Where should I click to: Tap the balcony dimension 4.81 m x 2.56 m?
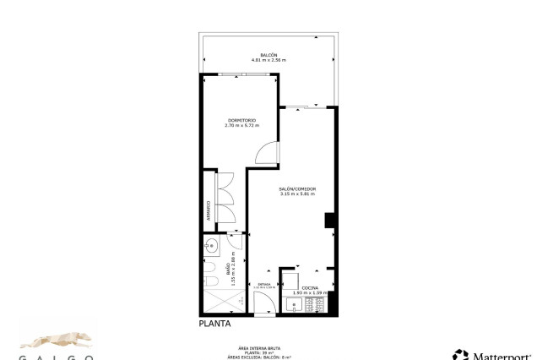pyautogui.click(x=268, y=61)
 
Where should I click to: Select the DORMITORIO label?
pyautogui.click(x=241, y=121)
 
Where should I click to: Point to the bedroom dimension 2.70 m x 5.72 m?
pyautogui.click(x=241, y=126)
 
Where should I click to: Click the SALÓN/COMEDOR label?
pyautogui.click(x=296, y=189)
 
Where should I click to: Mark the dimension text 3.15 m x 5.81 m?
pyautogui.click(x=296, y=194)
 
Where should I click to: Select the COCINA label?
pyautogui.click(x=311, y=288)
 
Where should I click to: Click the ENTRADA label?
pyautogui.click(x=264, y=285)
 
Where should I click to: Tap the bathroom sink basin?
pyautogui.click(x=211, y=247)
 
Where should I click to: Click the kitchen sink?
pyautogui.click(x=295, y=305)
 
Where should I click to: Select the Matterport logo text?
pyautogui.click(x=498, y=355)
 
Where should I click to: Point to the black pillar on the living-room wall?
pyautogui.click(x=330, y=221)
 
